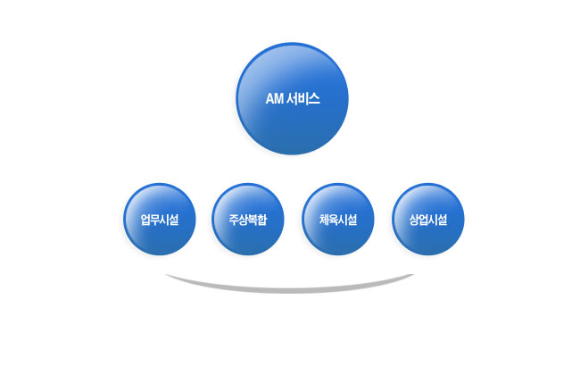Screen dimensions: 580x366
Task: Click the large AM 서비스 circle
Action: [x=292, y=98]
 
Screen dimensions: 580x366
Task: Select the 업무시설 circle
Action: [x=160, y=219]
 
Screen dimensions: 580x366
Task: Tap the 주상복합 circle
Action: [x=248, y=219]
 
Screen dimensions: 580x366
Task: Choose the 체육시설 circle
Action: [x=338, y=219]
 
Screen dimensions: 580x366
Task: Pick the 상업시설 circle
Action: [x=428, y=219]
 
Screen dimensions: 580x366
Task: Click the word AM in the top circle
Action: [x=275, y=99]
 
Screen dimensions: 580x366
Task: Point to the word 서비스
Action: [x=303, y=99]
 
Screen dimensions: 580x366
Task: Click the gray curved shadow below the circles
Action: [x=290, y=287]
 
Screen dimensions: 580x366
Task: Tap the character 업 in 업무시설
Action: [x=145, y=220]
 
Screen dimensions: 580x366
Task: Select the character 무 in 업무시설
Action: [x=155, y=220]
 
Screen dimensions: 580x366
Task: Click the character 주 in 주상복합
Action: [x=234, y=220]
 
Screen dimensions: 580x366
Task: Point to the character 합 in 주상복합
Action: [x=262, y=220]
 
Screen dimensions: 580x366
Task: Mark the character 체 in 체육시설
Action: [x=324, y=220]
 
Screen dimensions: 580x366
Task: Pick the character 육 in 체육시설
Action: [x=334, y=220]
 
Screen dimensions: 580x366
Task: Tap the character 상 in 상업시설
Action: [x=414, y=220]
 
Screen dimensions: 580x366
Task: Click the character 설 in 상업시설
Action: [x=443, y=220]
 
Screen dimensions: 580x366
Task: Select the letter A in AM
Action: [x=269, y=99]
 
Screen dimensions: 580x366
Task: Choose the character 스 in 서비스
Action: [x=314, y=99]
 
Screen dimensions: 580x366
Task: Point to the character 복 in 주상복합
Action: [x=253, y=220]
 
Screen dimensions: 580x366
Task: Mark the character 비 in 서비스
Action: [x=303, y=99]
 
